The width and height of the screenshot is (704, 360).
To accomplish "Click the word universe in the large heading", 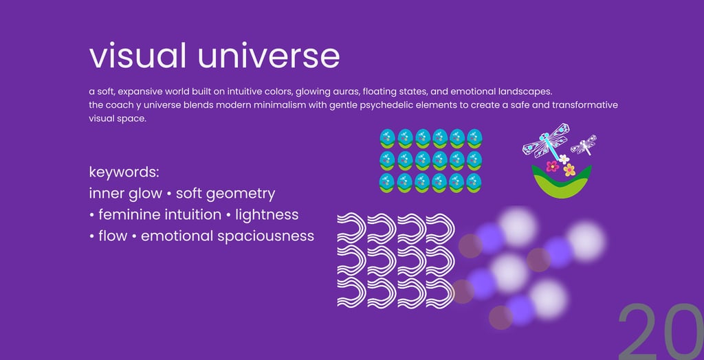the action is tap(269, 56).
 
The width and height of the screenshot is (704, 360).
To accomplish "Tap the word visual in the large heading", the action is tap(137, 56).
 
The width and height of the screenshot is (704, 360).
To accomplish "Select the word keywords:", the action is tap(124, 173).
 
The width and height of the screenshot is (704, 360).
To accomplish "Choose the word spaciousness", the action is tap(265, 236).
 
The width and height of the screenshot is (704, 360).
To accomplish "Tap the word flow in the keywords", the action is tap(113, 236).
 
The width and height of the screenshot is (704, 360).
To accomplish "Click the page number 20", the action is tap(661, 332).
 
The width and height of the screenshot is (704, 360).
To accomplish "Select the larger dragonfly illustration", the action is tap(547, 141).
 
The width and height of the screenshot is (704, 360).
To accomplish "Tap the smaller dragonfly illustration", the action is tap(583, 145).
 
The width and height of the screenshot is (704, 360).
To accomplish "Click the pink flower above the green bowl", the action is tap(552, 166).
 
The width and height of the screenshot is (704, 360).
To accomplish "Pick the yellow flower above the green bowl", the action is tap(569, 170).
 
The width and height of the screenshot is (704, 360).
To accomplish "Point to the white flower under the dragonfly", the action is tap(564, 159).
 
